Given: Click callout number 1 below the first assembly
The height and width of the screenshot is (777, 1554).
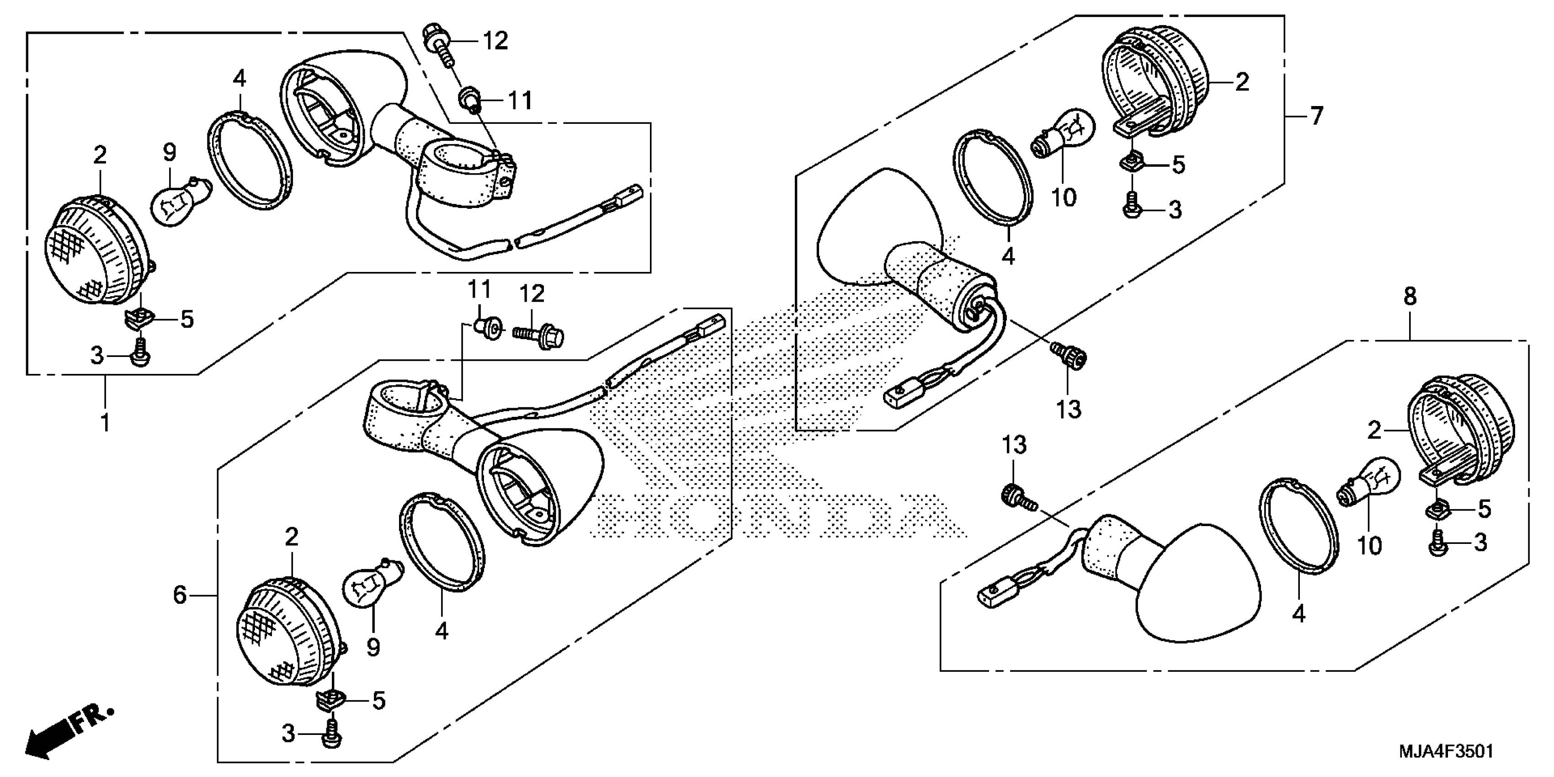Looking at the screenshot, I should [106, 424].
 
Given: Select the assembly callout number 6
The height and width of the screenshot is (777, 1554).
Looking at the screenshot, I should [180, 596].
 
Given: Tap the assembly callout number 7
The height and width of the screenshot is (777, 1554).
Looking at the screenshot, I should [1316, 115].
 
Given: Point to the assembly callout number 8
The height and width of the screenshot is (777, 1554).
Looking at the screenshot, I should [1410, 297].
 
